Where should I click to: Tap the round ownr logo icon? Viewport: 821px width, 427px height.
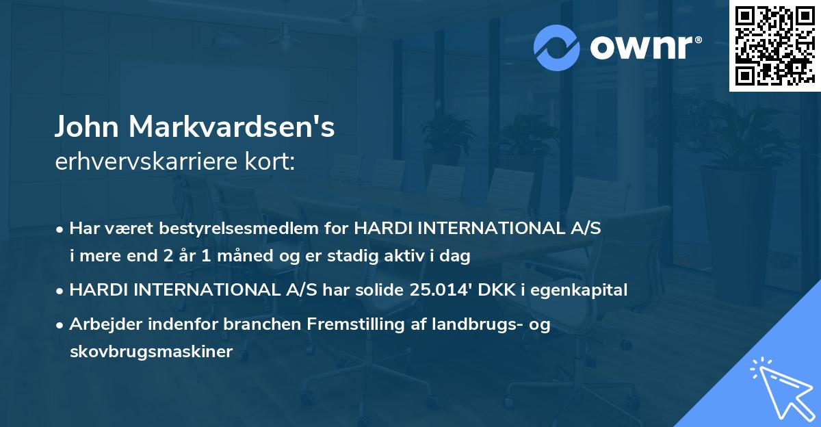(557, 48)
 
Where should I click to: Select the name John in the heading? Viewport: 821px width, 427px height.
(87, 127)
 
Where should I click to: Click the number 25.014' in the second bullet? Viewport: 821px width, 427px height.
(440, 290)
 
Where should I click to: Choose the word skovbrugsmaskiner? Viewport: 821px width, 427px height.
(151, 352)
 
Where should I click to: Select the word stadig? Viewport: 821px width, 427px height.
(362, 256)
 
